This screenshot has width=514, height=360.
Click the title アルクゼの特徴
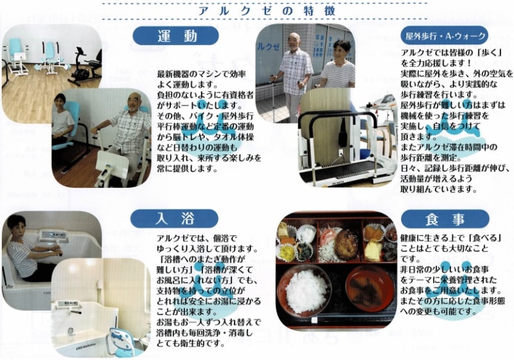click(x=267, y=11)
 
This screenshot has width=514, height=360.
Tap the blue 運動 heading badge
click(x=175, y=36)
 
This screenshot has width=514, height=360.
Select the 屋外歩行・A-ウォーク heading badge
click(x=445, y=36)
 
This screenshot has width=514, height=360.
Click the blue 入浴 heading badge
click(x=174, y=219)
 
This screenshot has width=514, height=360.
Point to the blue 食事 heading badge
click(x=445, y=219)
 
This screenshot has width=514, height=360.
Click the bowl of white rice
click(x=304, y=291)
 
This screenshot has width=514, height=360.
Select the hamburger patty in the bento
click(x=346, y=245)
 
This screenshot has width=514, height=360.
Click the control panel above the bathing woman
click(x=53, y=236)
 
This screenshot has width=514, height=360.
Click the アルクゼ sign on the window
click(x=269, y=46)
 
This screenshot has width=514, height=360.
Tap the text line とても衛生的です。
click(x=191, y=343)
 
